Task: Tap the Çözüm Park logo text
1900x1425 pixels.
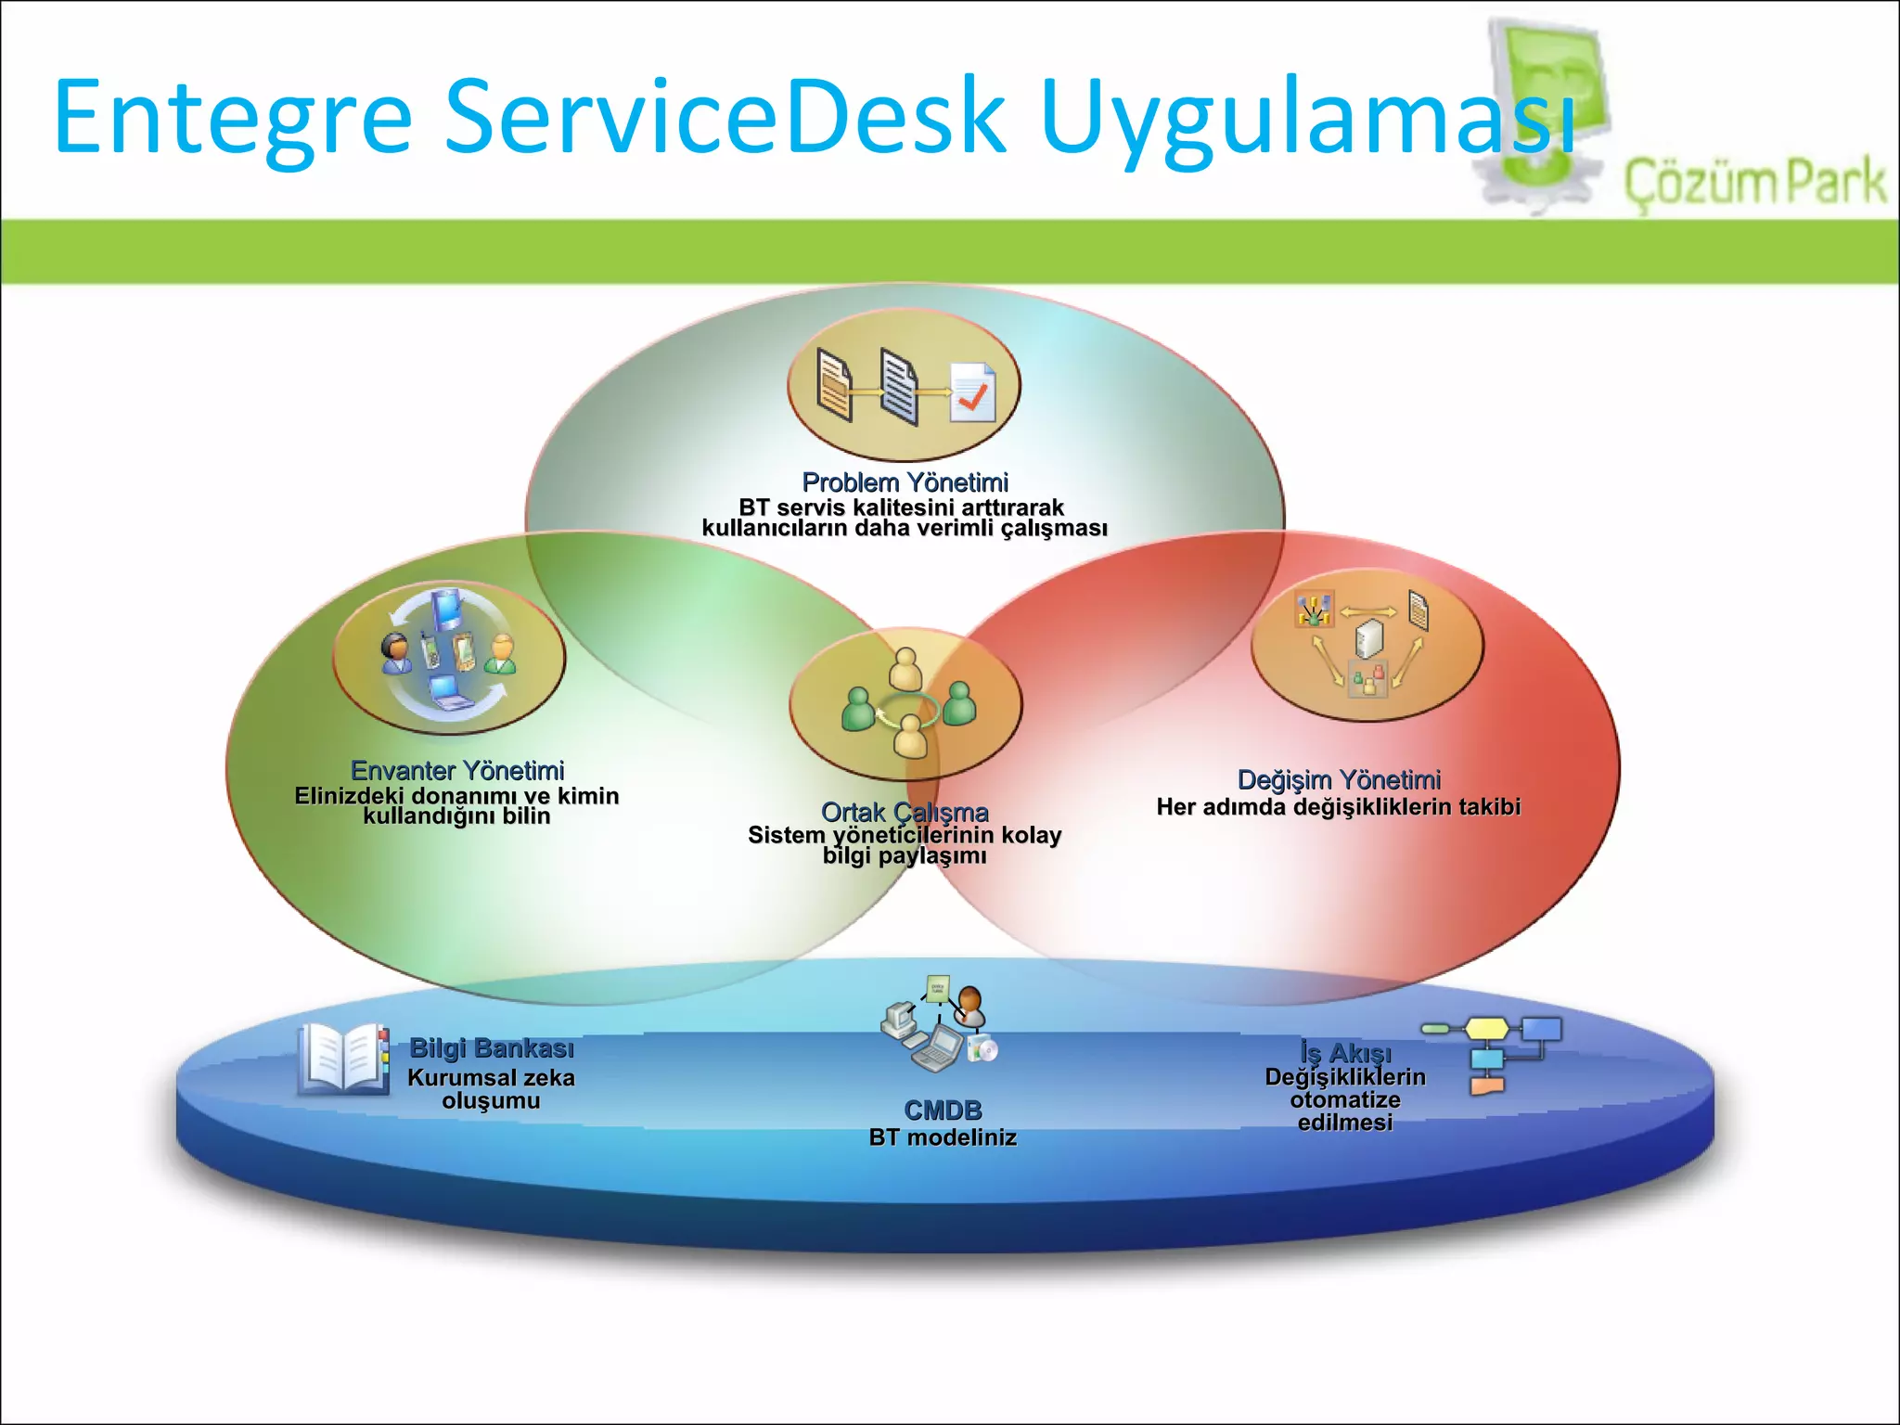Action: tap(1754, 182)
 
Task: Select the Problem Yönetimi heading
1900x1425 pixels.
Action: tap(905, 482)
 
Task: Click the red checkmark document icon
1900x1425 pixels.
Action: tap(972, 393)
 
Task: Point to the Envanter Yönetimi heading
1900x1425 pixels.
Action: tap(457, 770)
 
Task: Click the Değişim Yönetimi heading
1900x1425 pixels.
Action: tap(1339, 779)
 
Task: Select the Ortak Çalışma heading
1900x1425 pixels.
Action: tap(905, 812)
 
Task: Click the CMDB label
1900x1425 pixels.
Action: tap(943, 1110)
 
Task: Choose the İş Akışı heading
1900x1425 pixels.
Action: tap(1345, 1053)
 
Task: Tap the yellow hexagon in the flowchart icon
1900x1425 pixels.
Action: tap(1486, 1028)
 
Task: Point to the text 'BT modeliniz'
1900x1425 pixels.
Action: tap(943, 1137)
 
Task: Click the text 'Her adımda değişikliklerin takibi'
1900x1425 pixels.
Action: tap(1338, 807)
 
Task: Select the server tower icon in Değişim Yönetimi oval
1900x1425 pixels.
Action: tap(1369, 638)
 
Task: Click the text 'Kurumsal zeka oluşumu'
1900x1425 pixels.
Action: tap(491, 1089)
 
